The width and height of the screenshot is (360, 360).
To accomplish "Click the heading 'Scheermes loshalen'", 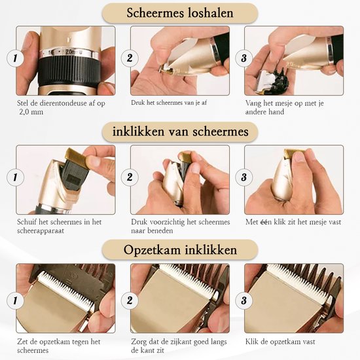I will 179,12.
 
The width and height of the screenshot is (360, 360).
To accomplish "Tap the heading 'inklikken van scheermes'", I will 179,132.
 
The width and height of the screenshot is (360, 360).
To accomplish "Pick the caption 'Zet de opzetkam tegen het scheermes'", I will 58,346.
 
